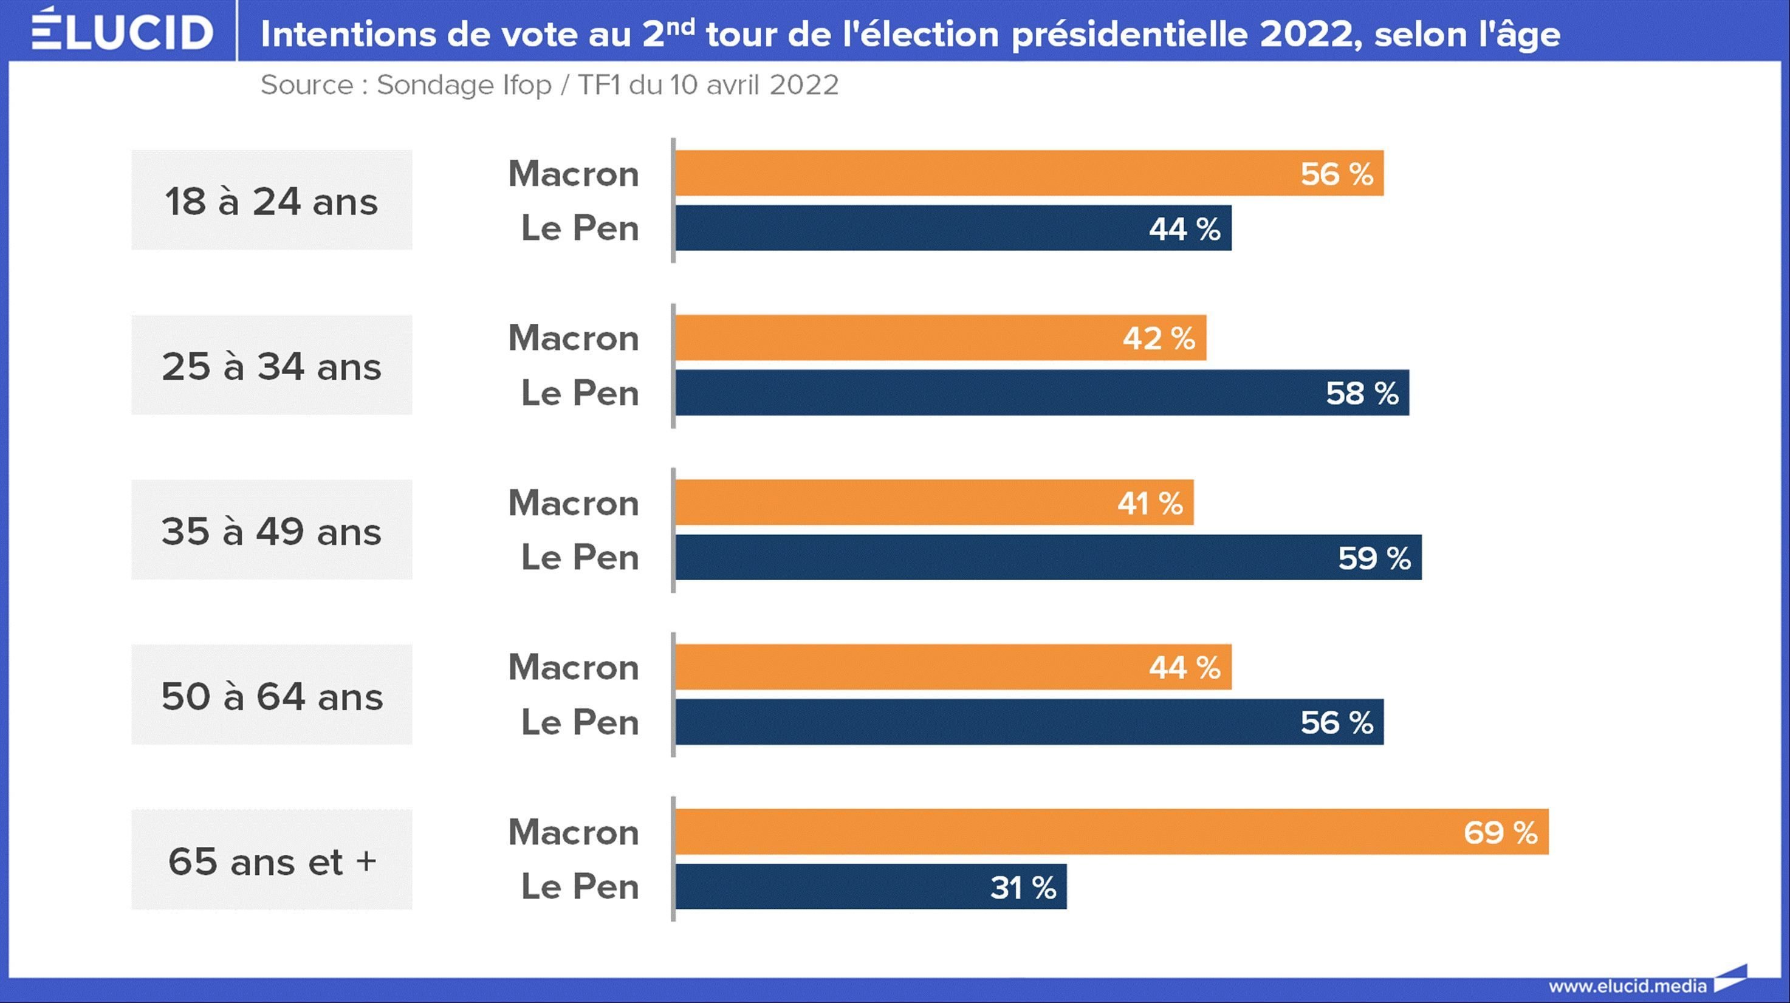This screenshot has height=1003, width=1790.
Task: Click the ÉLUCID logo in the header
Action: click(x=122, y=30)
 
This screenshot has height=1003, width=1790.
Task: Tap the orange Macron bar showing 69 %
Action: click(x=1112, y=832)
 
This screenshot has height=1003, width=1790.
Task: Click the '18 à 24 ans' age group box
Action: click(x=272, y=200)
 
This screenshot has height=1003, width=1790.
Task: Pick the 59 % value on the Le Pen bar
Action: click(x=1374, y=558)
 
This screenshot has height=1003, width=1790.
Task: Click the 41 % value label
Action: click(x=1150, y=503)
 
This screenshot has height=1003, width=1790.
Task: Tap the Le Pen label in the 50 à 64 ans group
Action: click(x=580, y=722)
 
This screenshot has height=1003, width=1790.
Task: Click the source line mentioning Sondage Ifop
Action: click(x=549, y=84)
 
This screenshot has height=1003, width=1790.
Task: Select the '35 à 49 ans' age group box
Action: click(x=272, y=530)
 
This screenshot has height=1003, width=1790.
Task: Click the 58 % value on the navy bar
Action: click(x=1361, y=393)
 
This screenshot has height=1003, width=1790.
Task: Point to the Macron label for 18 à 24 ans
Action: click(x=573, y=173)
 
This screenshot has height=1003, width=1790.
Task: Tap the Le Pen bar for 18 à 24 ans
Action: click(x=953, y=228)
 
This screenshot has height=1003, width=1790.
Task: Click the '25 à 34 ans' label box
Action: click(x=272, y=365)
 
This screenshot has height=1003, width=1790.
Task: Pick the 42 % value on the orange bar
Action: click(x=1158, y=338)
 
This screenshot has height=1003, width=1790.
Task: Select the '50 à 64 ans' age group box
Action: click(x=272, y=694)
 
